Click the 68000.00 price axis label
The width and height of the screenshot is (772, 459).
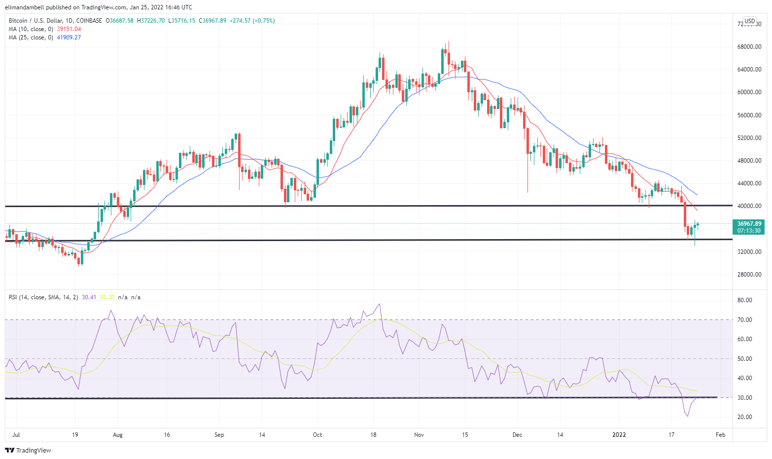(x=749, y=47)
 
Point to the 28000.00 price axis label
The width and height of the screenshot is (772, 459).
(x=749, y=275)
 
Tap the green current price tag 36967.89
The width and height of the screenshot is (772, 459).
(x=749, y=224)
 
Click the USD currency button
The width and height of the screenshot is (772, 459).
(x=749, y=21)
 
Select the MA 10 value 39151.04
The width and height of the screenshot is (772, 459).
(x=69, y=29)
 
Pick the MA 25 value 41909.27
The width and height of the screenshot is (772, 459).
(x=69, y=37)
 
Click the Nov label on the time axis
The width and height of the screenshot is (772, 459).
(x=419, y=435)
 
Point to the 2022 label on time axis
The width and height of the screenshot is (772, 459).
(x=619, y=435)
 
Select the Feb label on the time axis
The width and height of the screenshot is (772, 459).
(x=720, y=435)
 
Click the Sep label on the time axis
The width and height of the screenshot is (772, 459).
(x=219, y=435)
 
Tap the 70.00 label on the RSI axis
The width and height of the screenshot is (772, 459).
(x=744, y=320)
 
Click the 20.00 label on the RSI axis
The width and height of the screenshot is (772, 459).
(x=744, y=417)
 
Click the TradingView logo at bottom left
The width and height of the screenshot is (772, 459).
(x=28, y=450)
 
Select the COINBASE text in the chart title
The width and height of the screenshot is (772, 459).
(x=89, y=21)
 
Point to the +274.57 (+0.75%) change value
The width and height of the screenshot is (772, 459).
(x=252, y=21)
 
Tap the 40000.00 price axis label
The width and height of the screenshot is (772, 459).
(x=749, y=206)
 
